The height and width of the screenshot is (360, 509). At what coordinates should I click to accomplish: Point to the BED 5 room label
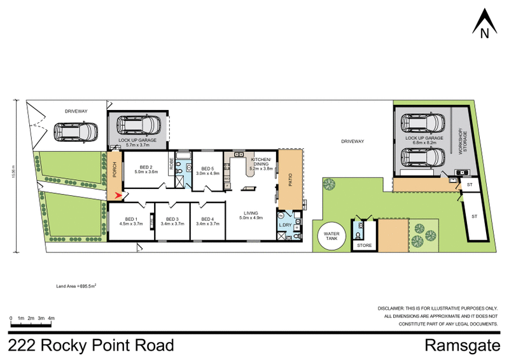pos(207,169)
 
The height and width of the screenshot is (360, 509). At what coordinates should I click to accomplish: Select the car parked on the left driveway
pos(76,132)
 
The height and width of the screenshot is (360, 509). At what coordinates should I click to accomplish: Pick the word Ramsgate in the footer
pos(461,345)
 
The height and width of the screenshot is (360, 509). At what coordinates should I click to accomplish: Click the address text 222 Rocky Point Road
pos(91,345)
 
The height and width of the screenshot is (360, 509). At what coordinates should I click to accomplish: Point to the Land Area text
pos(76,287)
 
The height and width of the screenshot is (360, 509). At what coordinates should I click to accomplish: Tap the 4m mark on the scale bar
pos(51,317)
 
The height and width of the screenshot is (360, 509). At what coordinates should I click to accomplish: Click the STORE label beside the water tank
pos(364,244)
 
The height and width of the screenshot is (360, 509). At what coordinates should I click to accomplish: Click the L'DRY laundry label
pos(285,224)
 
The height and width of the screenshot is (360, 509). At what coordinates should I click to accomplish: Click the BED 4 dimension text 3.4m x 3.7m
pos(208,224)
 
